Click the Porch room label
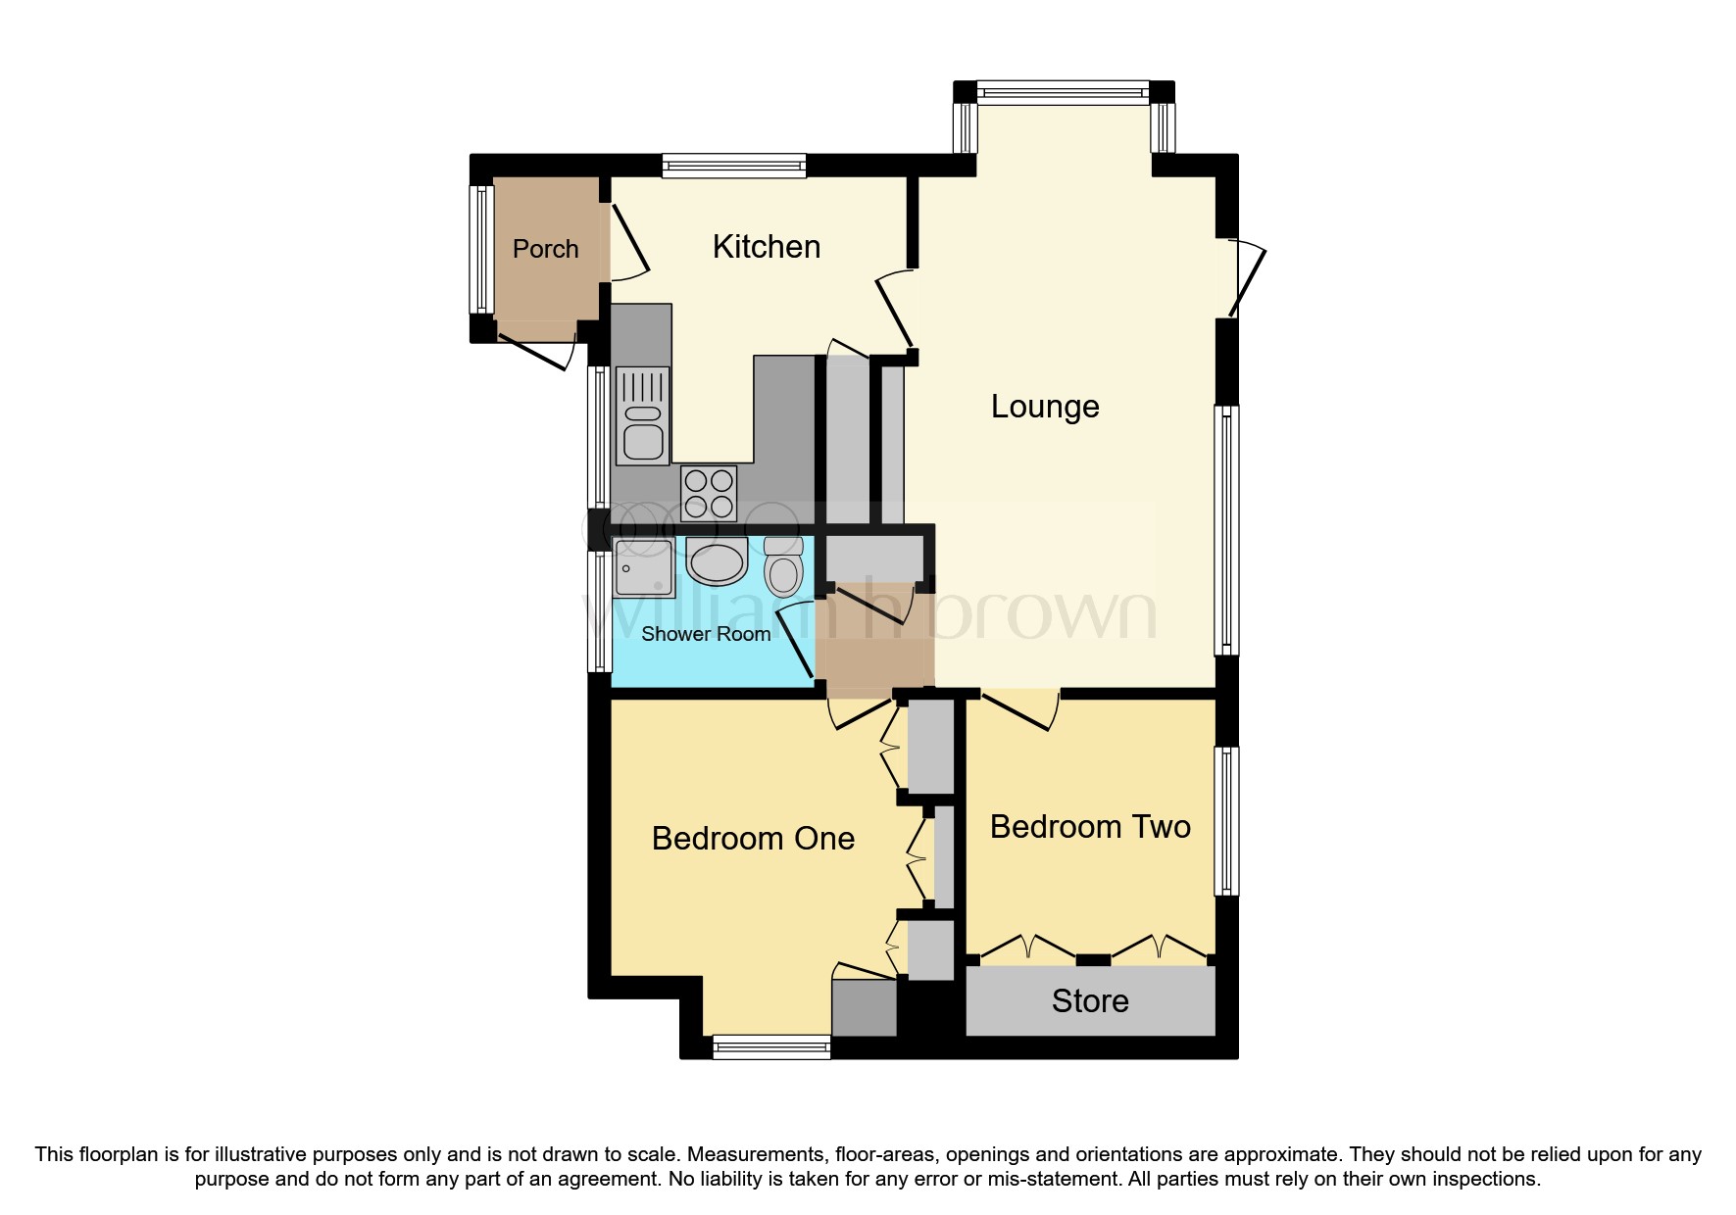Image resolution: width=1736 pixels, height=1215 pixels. pyautogui.click(x=545, y=249)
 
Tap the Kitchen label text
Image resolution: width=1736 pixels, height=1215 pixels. pyautogui.click(x=766, y=247)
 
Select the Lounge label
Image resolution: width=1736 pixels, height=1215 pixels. pyautogui.click(x=1044, y=407)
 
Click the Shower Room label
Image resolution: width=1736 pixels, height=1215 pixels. pyautogui.click(x=705, y=634)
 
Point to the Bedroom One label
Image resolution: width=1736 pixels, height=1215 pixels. pyautogui.click(x=753, y=839)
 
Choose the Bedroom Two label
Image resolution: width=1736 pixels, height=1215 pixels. pyautogui.click(x=1089, y=827)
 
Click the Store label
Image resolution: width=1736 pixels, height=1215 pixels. pyautogui.click(x=1089, y=1001)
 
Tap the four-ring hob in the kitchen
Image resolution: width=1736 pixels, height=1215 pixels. pyautogui.click(x=709, y=493)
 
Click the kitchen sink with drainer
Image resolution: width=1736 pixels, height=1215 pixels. pyautogui.click(x=642, y=415)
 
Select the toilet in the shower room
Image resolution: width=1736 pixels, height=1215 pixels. pyautogui.click(x=783, y=566)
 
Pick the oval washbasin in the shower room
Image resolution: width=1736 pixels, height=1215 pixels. pyautogui.click(x=717, y=562)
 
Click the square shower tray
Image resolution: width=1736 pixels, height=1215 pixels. pyautogui.click(x=643, y=567)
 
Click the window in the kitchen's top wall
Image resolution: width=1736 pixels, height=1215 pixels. pyautogui.click(x=733, y=166)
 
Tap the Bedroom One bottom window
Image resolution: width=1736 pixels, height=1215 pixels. pyautogui.click(x=771, y=1048)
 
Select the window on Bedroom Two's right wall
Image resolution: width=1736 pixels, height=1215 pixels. pyautogui.click(x=1226, y=821)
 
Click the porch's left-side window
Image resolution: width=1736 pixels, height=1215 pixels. pyautogui.click(x=481, y=249)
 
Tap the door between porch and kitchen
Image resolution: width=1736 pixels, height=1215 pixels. pyautogui.click(x=627, y=243)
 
